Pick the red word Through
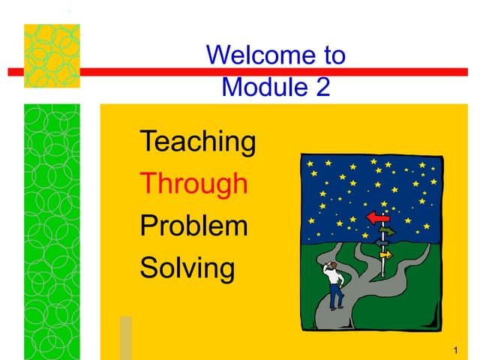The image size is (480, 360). [194, 182]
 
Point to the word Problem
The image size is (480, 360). [194, 225]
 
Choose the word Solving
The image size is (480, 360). [187, 268]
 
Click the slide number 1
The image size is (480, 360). [457, 351]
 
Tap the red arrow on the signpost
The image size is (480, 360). [377, 217]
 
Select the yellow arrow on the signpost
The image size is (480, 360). [385, 255]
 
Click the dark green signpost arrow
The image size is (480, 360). [386, 231]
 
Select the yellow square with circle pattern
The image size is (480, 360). [52, 56]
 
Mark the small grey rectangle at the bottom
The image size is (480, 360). [126, 337]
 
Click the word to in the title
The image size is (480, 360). [329, 55]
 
